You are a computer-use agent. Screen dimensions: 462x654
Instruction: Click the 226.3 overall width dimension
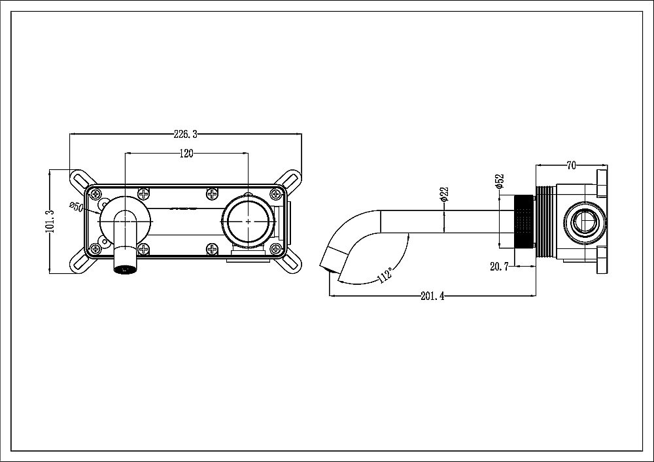(185, 135)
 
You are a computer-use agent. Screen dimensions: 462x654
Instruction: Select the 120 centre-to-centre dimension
(186, 154)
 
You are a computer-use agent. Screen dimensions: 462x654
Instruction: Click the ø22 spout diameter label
(444, 194)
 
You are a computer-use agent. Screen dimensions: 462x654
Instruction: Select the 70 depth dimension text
(571, 166)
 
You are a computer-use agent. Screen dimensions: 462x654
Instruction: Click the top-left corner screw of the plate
(96, 193)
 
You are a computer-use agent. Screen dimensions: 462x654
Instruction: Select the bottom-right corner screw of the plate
(275, 248)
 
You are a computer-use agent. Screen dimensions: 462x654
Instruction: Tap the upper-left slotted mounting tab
(81, 178)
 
